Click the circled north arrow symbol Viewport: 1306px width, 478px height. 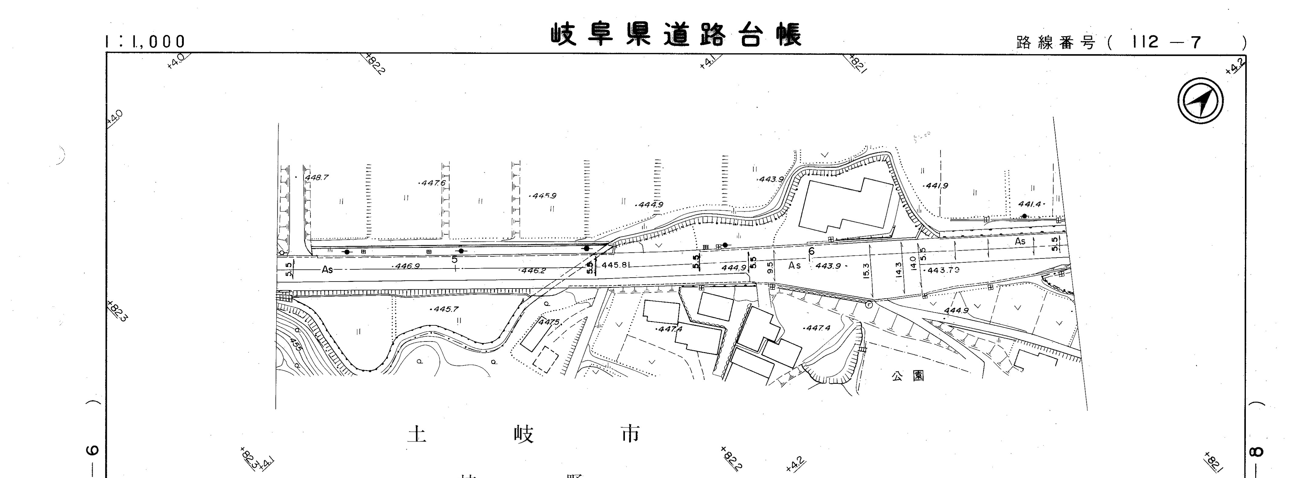coord(1200,100)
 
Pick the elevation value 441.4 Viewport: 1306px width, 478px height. coord(1029,204)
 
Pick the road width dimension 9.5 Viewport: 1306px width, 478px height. coord(770,268)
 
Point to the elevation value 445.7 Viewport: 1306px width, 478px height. coord(445,309)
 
